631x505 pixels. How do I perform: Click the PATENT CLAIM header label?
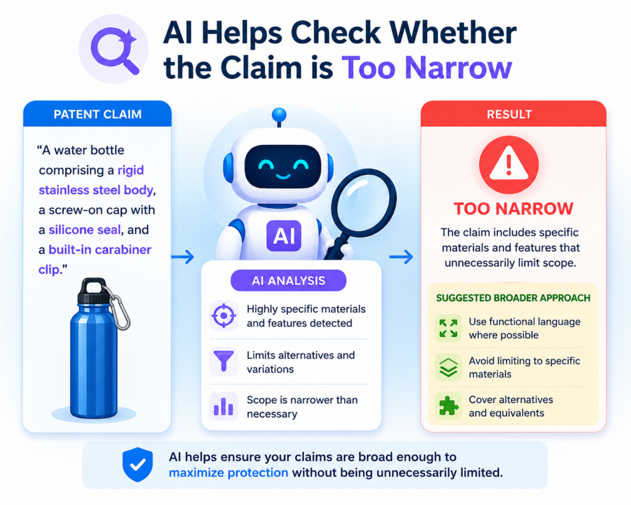tap(97, 114)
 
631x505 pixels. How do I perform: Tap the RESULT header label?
tap(509, 114)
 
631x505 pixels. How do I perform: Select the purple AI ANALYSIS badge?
tap(288, 281)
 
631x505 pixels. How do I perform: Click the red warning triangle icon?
tap(508, 165)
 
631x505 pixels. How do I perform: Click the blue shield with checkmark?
tap(137, 464)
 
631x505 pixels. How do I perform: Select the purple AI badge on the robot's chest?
tap(284, 236)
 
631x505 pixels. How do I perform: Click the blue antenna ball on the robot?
tap(279, 115)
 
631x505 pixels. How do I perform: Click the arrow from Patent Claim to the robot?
tap(182, 257)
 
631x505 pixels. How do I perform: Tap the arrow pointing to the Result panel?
tap(401, 257)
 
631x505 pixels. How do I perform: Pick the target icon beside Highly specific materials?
tap(224, 316)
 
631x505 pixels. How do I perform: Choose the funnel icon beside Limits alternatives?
tap(224, 361)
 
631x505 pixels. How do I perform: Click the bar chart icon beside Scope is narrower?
tap(224, 407)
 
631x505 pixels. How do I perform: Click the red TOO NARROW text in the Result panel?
tap(513, 209)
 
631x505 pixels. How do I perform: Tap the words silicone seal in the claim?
tap(84, 230)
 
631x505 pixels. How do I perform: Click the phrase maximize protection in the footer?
tap(228, 472)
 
